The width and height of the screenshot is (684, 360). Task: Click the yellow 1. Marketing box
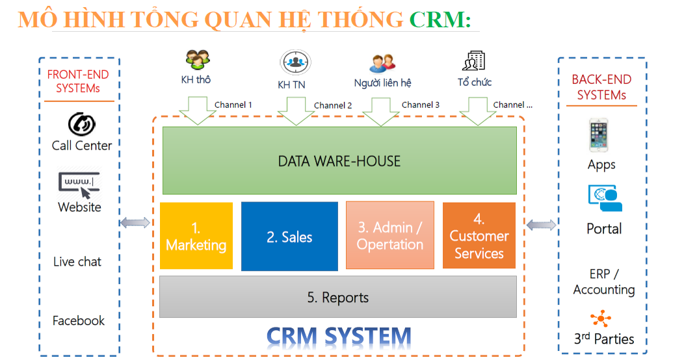196,236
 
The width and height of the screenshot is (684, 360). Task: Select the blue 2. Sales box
289,237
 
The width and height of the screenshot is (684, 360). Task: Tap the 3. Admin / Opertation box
389,236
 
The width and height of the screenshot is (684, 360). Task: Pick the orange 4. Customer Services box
479,236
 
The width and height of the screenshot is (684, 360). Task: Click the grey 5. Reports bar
337,297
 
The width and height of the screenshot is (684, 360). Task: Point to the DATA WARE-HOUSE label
339,161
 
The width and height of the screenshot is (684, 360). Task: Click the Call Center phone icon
82,123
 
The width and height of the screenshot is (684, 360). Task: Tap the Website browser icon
79,185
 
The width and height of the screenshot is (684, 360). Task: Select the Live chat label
77,262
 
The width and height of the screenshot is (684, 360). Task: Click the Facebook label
79,320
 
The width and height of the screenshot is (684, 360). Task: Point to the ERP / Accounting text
603,281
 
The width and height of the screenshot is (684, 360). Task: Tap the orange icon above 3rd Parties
601,318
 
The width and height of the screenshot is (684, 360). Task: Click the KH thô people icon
197,60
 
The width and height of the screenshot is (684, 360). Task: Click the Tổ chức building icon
473,61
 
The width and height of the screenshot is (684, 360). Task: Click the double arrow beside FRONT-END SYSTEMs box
135,223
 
